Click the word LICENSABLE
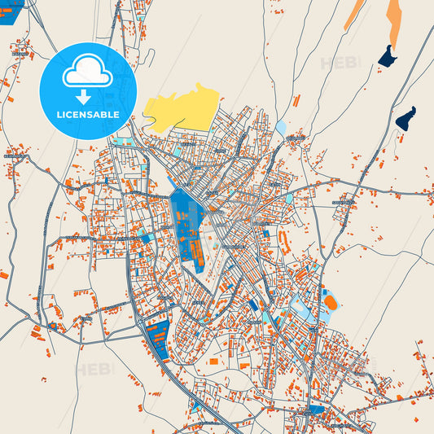point(87,114)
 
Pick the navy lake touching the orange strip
point(387,56)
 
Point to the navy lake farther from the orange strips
point(405,118)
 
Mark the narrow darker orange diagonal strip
point(354,14)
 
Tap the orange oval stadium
point(331,302)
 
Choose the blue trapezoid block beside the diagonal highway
point(157,335)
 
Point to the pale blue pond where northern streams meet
point(281,128)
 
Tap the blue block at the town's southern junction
point(317,409)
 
